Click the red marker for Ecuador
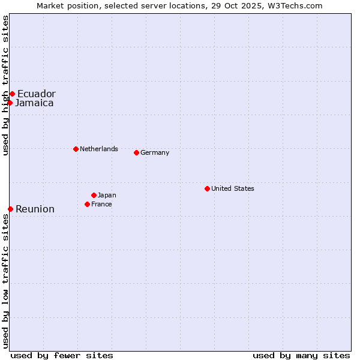point(12,94)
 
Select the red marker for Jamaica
point(10,103)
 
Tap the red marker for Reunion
point(10,209)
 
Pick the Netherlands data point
point(76,149)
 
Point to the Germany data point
point(136,152)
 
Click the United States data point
point(207,188)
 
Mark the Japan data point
point(94,195)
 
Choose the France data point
point(87,204)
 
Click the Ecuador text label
point(36,94)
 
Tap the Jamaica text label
point(34,103)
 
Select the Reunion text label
point(35,209)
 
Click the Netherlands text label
point(99,149)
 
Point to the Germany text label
point(155,152)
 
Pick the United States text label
point(233,188)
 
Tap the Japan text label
point(107,195)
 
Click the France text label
point(101,204)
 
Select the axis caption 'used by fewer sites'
point(62,355)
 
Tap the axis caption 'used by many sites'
point(301,355)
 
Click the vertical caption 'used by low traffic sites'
point(5,280)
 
